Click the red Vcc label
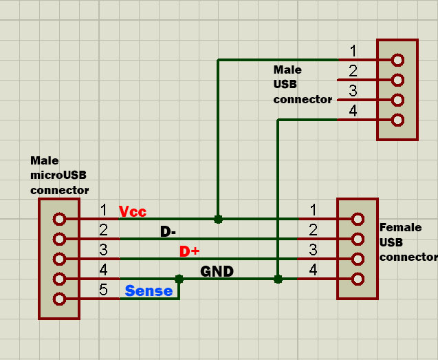(133, 211)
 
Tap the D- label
(168, 231)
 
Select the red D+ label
(189, 251)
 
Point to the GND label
(217, 271)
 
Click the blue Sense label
(149, 291)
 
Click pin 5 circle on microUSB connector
(59, 299)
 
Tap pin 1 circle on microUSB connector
(59, 219)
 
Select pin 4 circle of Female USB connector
(358, 279)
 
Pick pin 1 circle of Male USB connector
(397, 60)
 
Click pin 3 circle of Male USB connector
(397, 100)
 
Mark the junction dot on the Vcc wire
(218, 219)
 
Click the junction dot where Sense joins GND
(179, 279)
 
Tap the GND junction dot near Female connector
(278, 279)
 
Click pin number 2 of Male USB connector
(353, 71)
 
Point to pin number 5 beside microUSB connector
(103, 290)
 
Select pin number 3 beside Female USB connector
(313, 250)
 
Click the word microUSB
(58, 176)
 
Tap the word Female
(401, 227)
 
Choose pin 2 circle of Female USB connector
(358, 239)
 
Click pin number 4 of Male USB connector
(353, 111)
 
